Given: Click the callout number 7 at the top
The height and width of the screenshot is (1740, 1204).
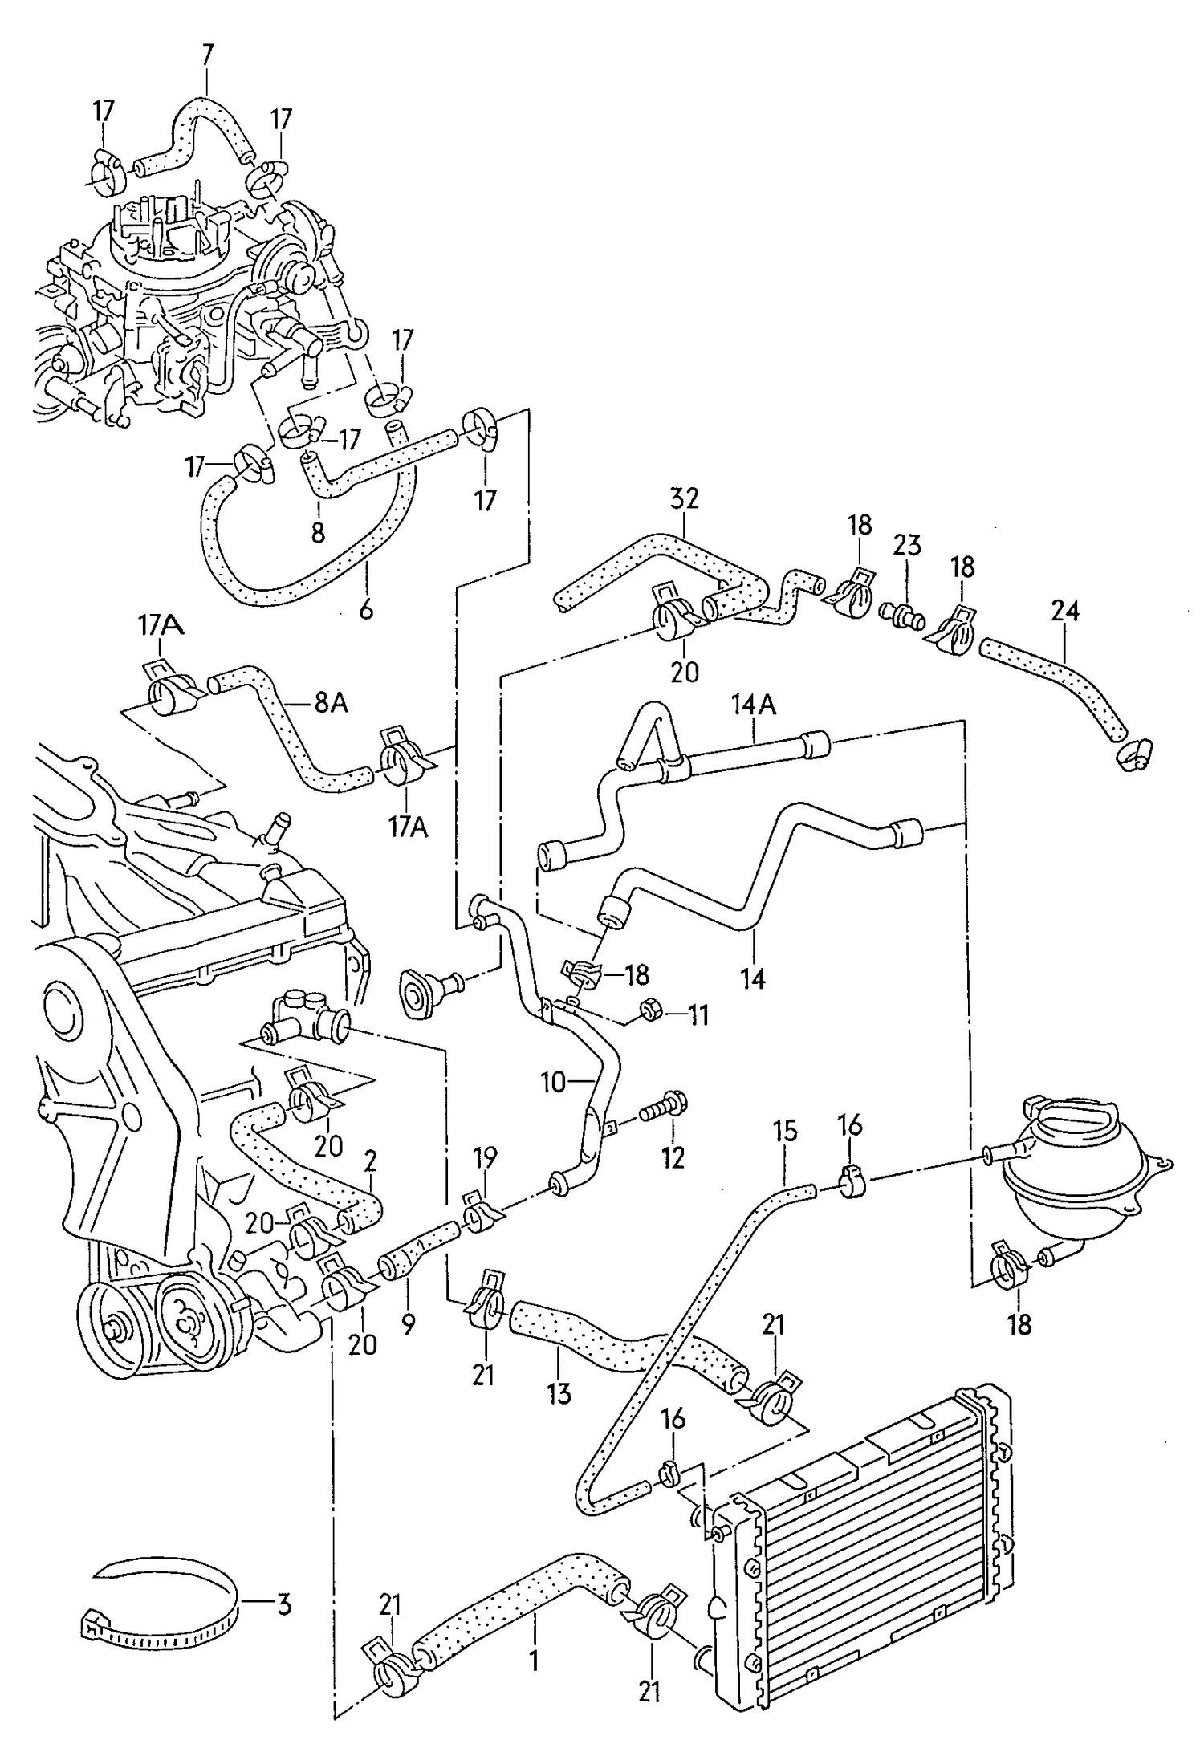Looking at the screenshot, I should click(x=207, y=55).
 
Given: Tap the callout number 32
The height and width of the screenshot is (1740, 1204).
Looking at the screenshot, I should click(x=684, y=498).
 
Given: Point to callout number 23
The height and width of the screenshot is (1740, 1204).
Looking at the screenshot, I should click(x=907, y=546).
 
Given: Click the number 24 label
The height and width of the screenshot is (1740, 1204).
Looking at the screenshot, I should click(x=1064, y=612).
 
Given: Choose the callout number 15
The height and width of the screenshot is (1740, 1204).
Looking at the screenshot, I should click(x=785, y=1132).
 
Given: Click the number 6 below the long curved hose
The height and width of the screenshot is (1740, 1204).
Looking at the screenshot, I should click(x=366, y=610).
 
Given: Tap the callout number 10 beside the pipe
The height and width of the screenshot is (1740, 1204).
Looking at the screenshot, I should click(x=554, y=1083).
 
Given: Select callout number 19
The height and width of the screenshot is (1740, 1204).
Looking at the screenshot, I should click(x=485, y=1158).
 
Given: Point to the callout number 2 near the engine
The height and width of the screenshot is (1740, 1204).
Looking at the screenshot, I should click(x=370, y=1161).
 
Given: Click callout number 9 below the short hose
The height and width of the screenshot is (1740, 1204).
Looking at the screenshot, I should click(x=409, y=1323).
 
